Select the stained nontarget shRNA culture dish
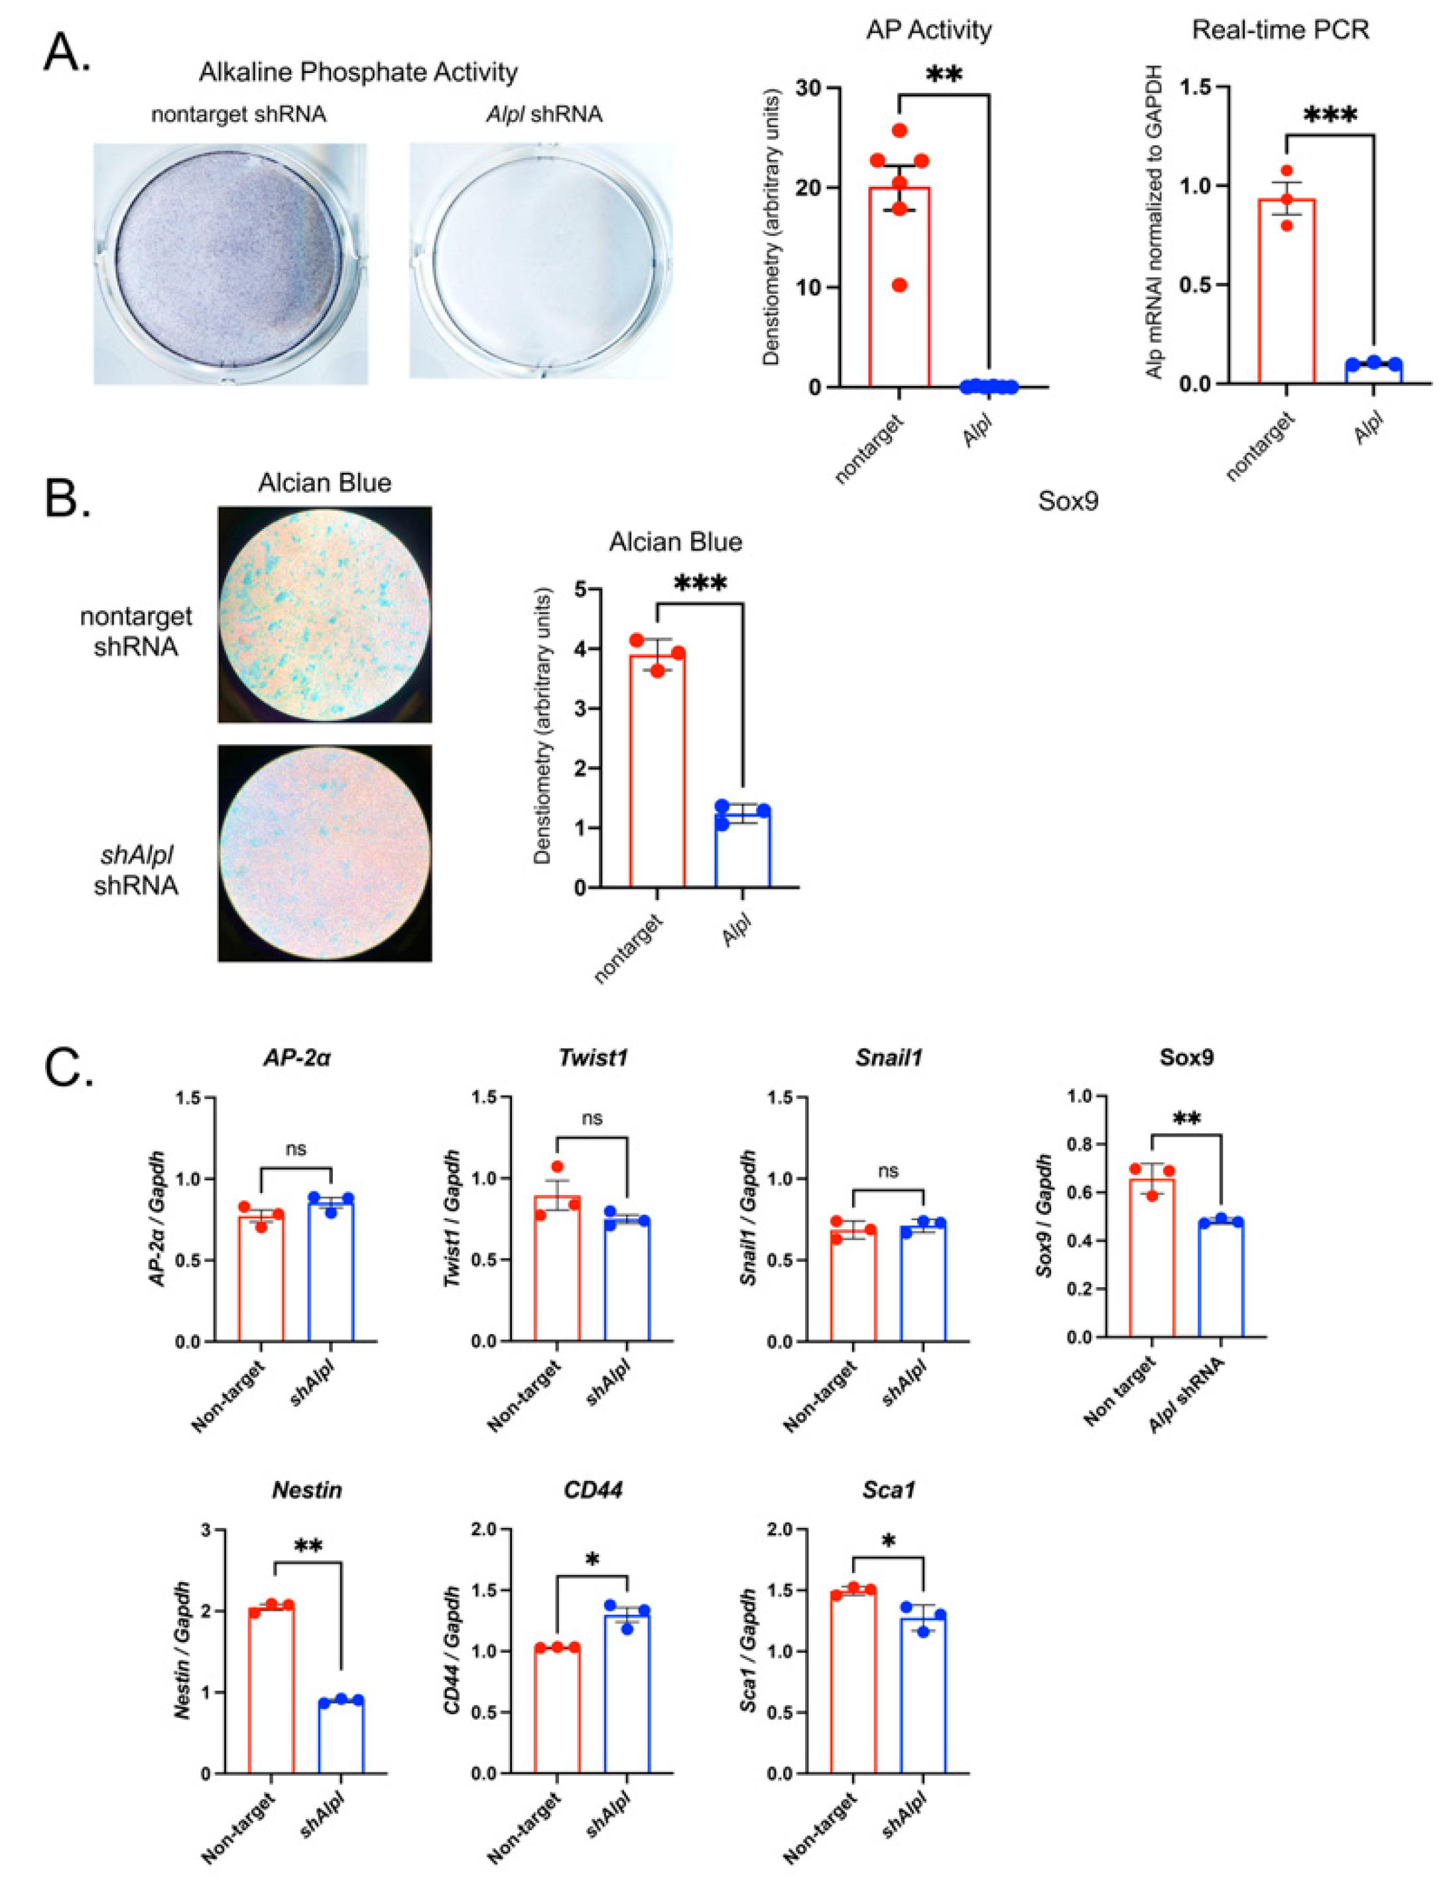(x=230, y=263)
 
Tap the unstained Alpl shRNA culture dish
(x=541, y=260)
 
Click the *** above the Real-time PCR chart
(x=1330, y=116)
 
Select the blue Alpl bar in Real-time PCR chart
(x=1374, y=372)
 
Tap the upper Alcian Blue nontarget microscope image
(x=325, y=613)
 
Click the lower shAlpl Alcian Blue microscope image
(x=325, y=852)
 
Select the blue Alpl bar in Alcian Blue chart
(x=743, y=849)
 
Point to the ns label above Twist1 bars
(x=592, y=1119)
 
